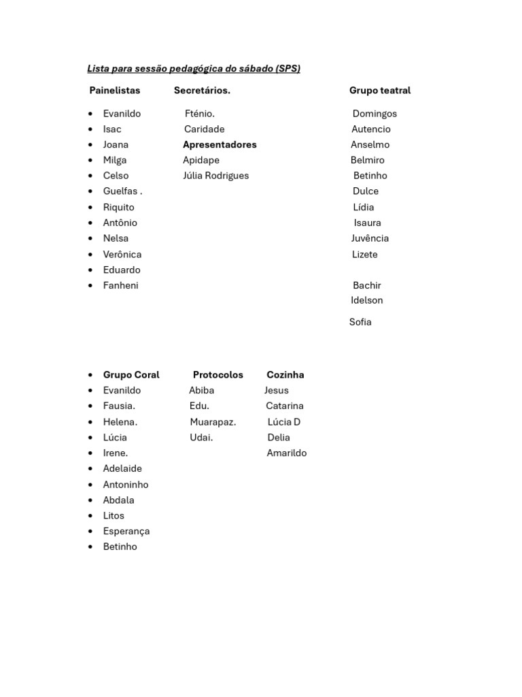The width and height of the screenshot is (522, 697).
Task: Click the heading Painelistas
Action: [115, 91]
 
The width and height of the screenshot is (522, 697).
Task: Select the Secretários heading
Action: [202, 91]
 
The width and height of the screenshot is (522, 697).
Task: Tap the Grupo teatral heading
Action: [380, 91]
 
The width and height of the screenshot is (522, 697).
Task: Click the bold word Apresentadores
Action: [220, 144]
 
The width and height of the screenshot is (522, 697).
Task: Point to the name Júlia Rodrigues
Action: [215, 176]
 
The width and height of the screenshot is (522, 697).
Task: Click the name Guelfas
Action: [120, 191]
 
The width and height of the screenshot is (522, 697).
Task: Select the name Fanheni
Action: [120, 285]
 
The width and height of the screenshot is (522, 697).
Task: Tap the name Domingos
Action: [375, 114]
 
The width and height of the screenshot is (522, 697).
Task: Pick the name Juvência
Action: [370, 238]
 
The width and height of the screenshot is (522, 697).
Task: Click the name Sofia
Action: [360, 322]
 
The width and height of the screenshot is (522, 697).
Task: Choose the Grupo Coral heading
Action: [131, 374]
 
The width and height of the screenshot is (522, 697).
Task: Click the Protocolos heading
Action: [217, 374]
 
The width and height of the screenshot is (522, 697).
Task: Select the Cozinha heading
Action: [285, 374]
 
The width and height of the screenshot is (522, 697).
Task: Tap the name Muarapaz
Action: [213, 422]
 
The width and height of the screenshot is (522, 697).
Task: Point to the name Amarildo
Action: [287, 453]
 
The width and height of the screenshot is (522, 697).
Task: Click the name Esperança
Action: [126, 531]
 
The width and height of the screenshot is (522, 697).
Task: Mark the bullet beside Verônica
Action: [90, 255]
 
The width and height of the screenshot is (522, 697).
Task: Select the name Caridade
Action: [204, 129]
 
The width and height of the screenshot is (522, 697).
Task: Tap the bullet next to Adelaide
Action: [90, 469]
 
